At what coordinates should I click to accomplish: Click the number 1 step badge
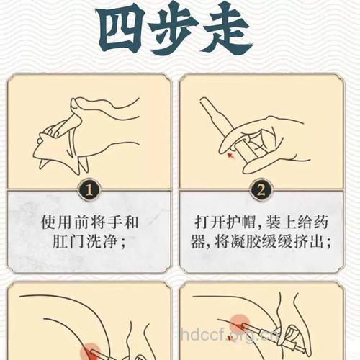click(x=88, y=191)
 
